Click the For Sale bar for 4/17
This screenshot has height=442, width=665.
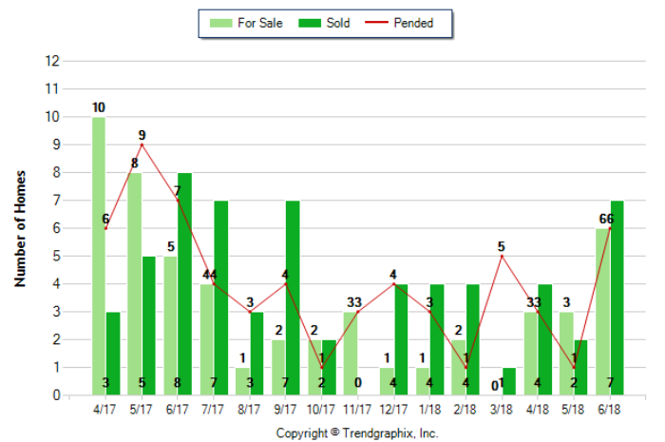[99, 256]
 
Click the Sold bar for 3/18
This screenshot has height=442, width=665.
[509, 381]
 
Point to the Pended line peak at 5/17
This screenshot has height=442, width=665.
[142, 144]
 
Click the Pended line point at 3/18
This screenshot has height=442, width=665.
[502, 256]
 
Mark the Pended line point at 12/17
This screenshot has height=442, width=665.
[393, 283]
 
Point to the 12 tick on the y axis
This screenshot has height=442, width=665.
[53, 61]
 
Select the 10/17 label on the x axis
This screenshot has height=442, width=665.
[321, 410]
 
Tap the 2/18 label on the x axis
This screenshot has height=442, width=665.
[465, 410]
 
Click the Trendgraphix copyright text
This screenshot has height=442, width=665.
[356, 432]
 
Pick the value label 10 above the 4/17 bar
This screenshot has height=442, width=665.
[99, 107]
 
